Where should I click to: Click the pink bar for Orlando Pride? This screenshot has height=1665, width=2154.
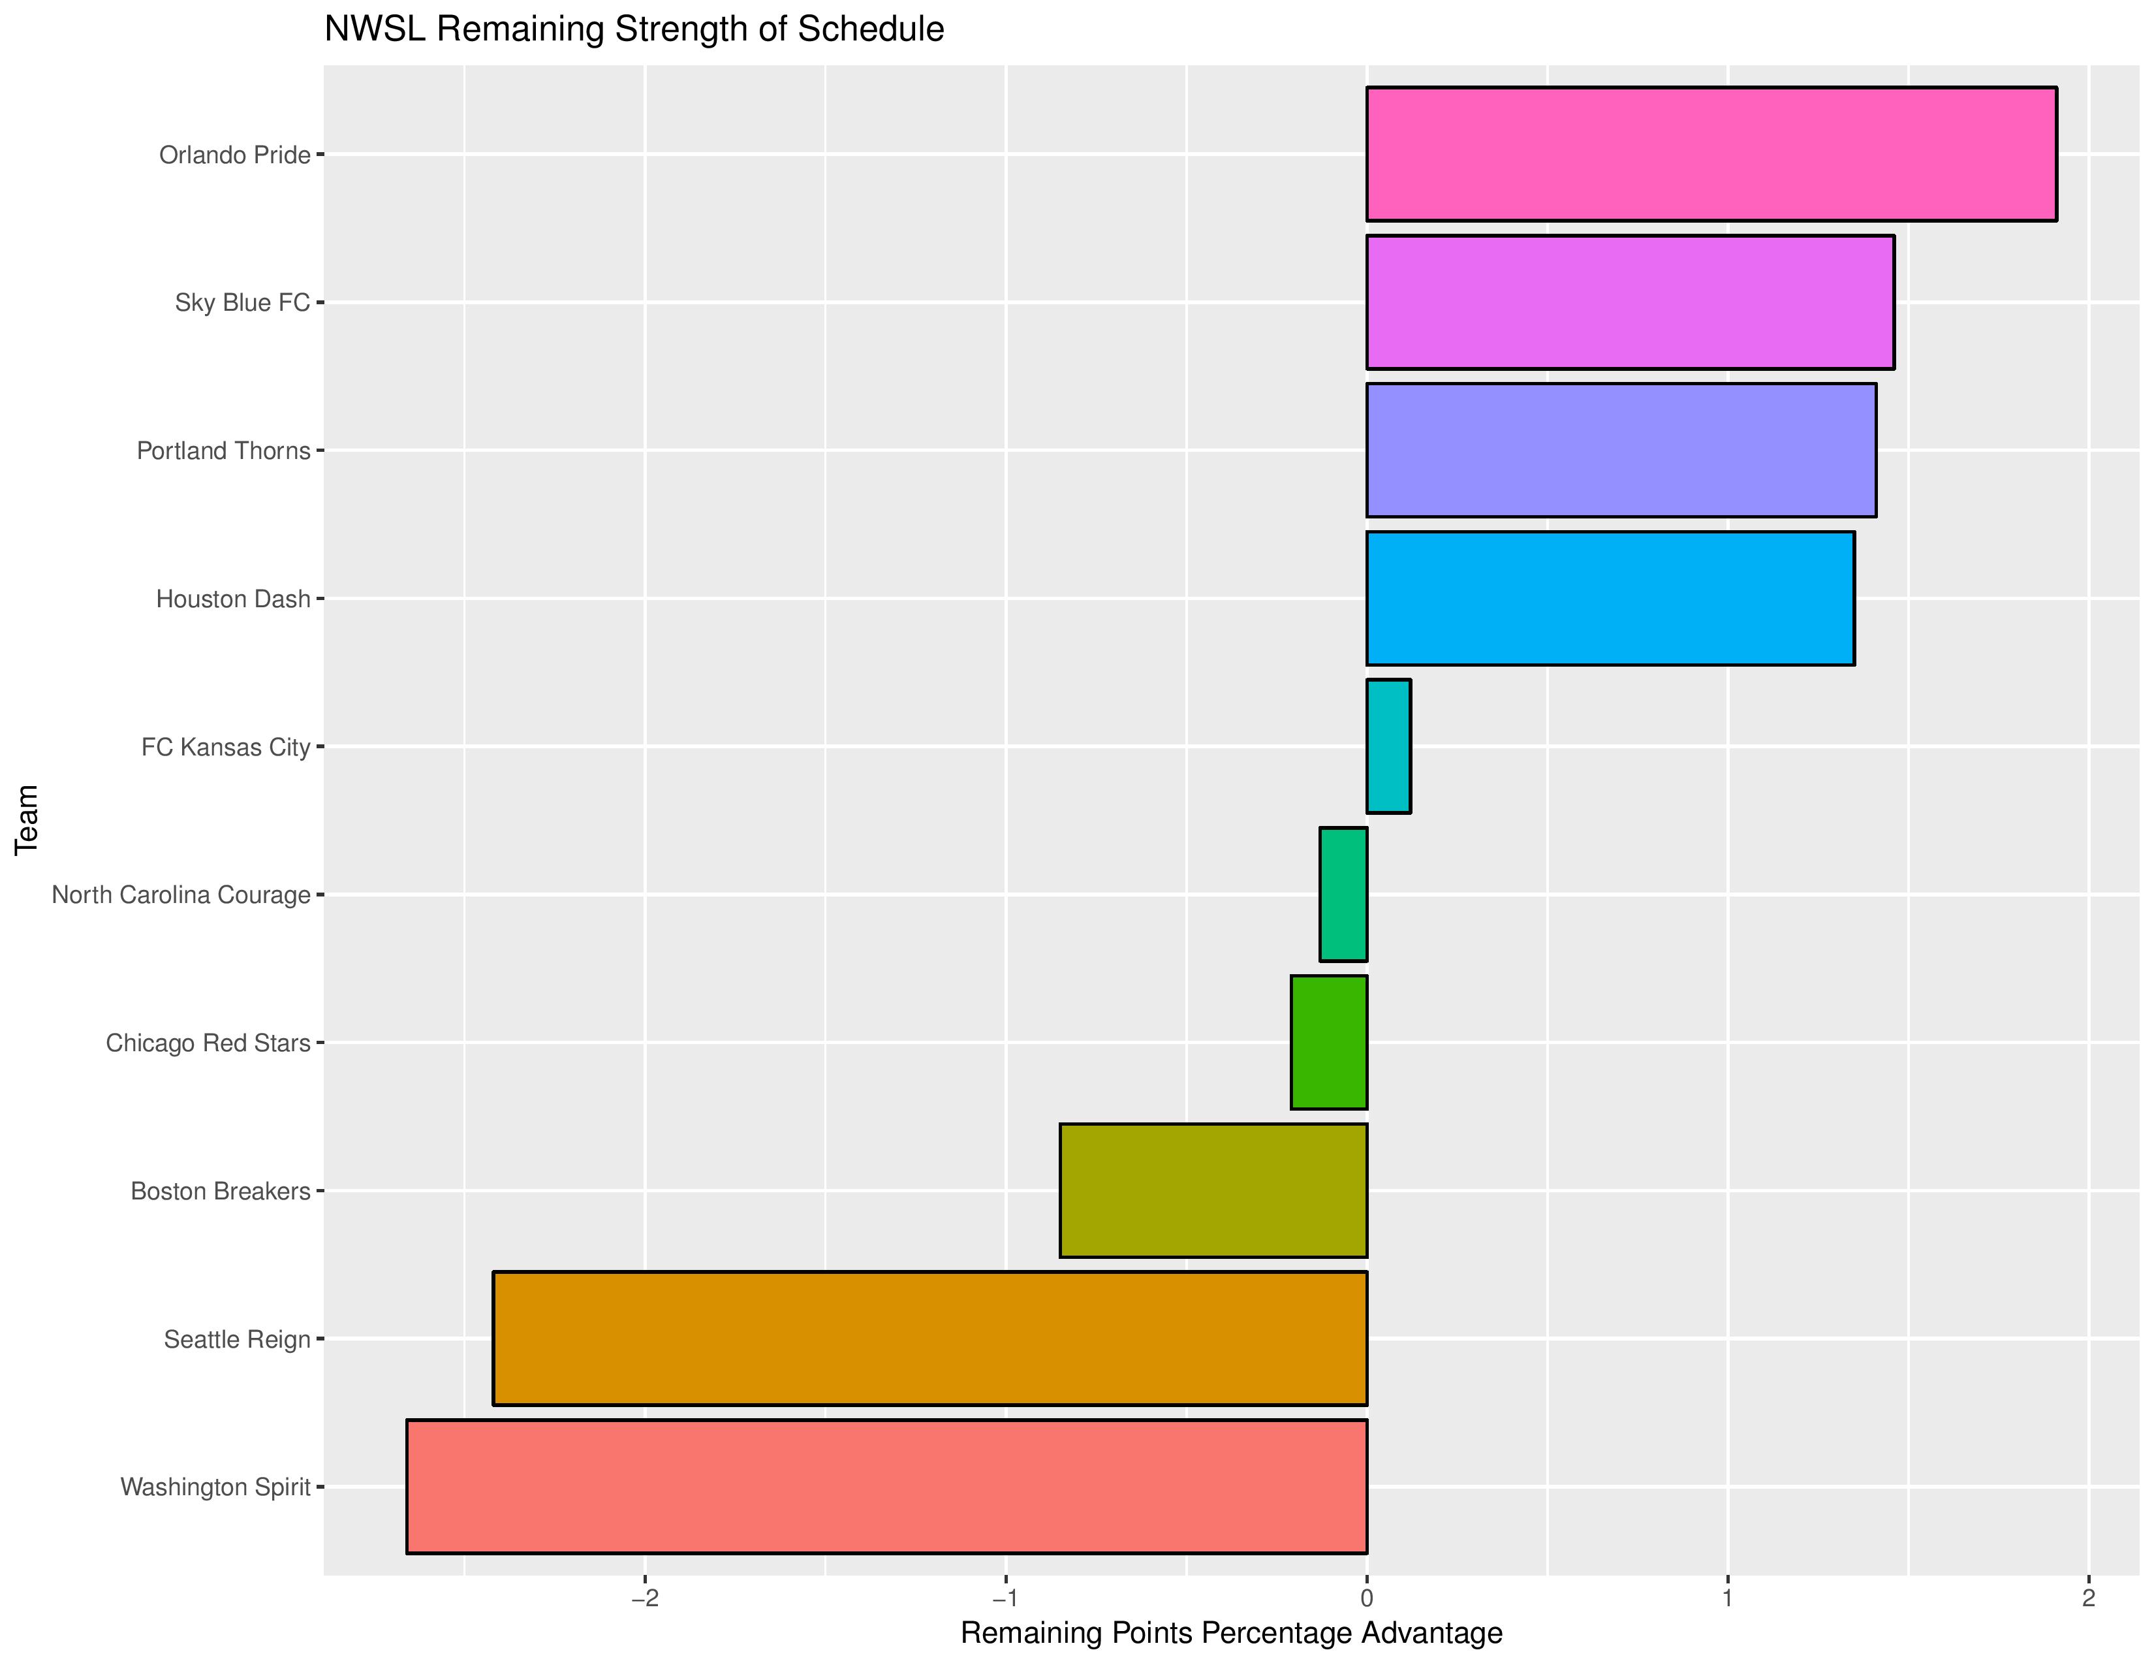tap(1711, 154)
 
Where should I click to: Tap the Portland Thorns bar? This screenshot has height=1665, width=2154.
tap(1621, 450)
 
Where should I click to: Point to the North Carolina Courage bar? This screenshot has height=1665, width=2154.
tap(1343, 894)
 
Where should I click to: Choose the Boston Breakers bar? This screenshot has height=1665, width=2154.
tap(1213, 1190)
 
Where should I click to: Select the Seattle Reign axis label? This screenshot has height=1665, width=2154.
tap(237, 1339)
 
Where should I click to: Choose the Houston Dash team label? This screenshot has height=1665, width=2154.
tap(233, 599)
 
